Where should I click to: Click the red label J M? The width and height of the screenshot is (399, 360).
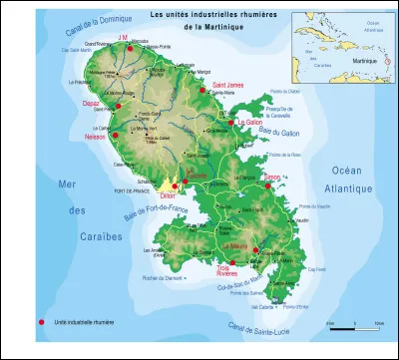point(124,36)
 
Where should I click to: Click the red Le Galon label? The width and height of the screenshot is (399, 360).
point(251,122)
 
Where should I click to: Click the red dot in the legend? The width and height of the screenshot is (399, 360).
point(41,322)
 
